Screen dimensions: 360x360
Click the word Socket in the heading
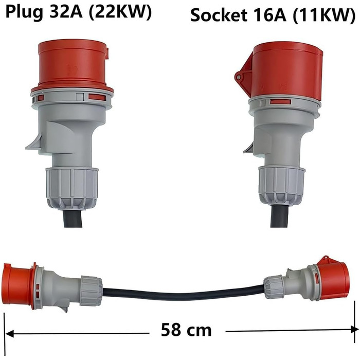click(x=219, y=15)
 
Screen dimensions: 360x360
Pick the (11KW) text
click(x=324, y=15)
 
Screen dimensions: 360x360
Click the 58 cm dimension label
click(x=186, y=330)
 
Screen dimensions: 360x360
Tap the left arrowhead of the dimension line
click(x=9, y=333)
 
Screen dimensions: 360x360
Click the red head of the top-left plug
click(x=73, y=65)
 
